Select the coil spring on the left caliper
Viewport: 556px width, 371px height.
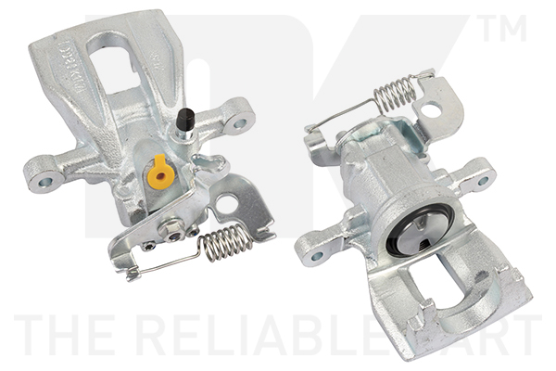(x=226, y=243)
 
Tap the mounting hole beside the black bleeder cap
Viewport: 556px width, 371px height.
(x=240, y=122)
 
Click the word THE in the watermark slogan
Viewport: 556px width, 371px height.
(x=61, y=337)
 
